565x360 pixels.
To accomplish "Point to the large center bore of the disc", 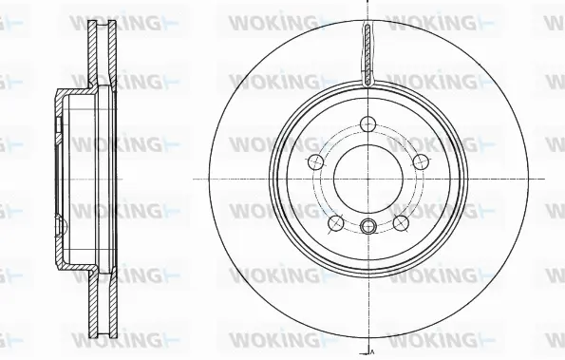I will point(367,179).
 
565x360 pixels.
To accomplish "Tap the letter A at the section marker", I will point(372,352).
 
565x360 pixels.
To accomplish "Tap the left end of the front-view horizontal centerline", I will point(195,179).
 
